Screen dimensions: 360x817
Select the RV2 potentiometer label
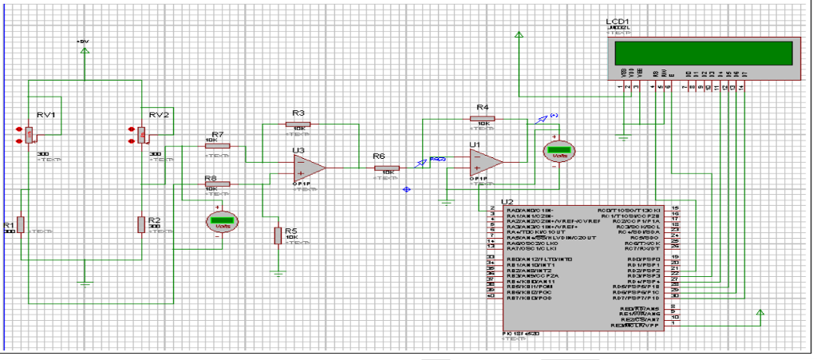[x=159, y=115]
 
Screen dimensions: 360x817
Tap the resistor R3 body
[x=298, y=125]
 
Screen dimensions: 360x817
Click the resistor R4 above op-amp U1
[x=482, y=118]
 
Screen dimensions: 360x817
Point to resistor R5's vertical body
[x=278, y=235]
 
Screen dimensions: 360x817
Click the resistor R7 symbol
[x=218, y=146]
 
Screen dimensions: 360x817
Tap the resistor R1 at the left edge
[x=21, y=224]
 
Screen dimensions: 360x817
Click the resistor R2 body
[x=141, y=224]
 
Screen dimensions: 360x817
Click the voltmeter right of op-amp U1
[x=559, y=151]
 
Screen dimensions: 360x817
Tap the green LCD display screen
[x=705, y=54]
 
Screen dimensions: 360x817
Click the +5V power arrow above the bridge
[x=85, y=51]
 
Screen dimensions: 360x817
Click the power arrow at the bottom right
[x=759, y=311]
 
